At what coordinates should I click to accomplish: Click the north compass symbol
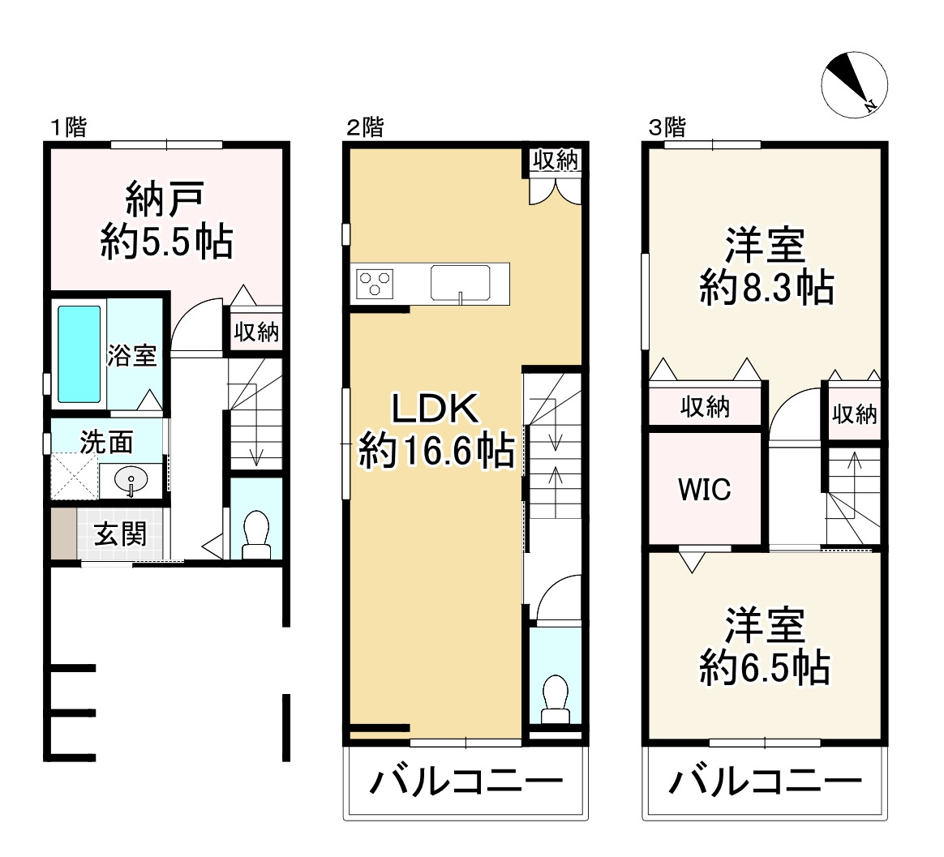click(x=854, y=84)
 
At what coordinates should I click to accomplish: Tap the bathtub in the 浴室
click(x=79, y=354)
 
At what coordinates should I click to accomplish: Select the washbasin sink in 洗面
click(x=131, y=481)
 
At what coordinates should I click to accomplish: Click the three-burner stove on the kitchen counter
click(x=372, y=283)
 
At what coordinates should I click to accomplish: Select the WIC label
click(x=704, y=489)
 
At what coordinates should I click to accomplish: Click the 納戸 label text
click(x=165, y=197)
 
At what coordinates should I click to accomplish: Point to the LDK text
click(x=436, y=409)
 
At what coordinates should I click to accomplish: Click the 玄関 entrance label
click(x=120, y=535)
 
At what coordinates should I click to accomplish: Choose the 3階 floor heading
click(x=666, y=126)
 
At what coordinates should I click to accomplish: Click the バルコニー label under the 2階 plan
click(x=466, y=783)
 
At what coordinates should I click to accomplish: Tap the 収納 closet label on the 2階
click(x=556, y=161)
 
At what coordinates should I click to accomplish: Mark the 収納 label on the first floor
click(x=256, y=332)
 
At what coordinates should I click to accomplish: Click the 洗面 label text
click(x=106, y=443)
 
